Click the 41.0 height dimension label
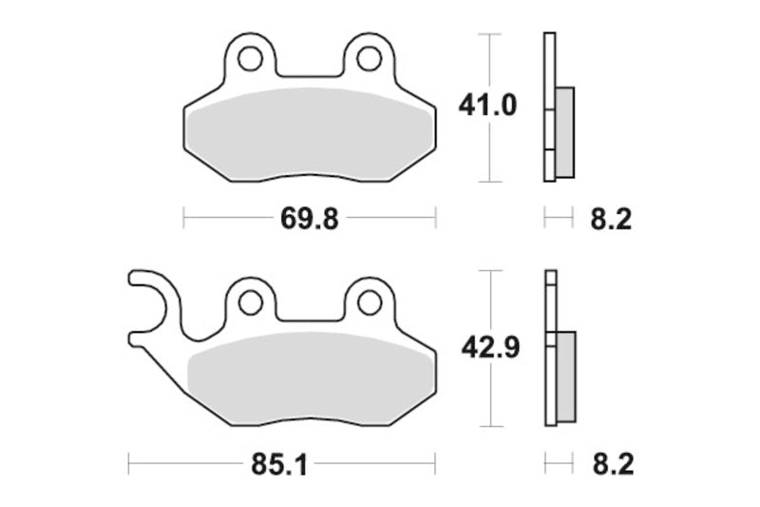487,107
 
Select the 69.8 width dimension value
309,219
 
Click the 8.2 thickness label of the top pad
611,219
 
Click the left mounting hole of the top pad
250,59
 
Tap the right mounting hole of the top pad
368,59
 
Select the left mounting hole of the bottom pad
250,302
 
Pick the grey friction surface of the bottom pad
309,376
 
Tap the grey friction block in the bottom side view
565,376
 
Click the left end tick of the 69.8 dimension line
182,219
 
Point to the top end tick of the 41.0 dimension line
488,33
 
